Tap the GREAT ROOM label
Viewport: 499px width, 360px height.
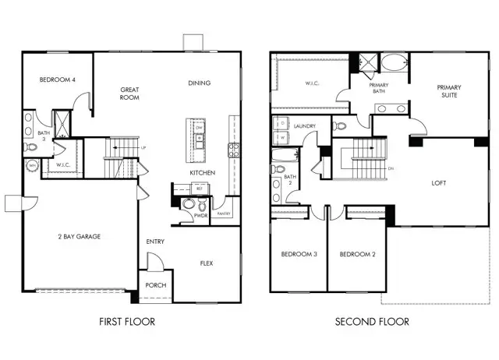129,94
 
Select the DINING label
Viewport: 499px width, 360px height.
200,83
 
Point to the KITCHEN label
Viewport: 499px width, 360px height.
203,172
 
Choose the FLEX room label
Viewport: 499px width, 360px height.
207,263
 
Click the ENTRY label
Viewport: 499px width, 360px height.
154,242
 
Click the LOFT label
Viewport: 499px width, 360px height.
439,183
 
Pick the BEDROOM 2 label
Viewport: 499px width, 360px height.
357,255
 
